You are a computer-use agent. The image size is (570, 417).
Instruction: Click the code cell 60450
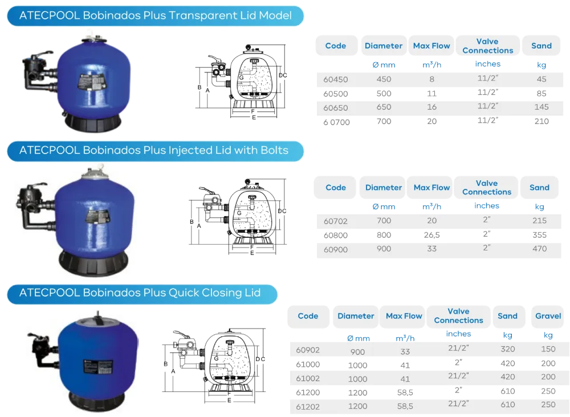pos(335,79)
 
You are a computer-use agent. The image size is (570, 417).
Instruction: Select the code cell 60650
pos(335,107)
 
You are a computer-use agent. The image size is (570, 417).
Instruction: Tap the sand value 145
pos(541,107)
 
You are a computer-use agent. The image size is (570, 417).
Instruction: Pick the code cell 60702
pos(335,220)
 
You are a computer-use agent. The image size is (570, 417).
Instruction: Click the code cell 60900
pos(335,249)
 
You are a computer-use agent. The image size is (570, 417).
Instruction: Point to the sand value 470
pos(539,249)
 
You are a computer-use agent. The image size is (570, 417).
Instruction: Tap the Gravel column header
pos(548,315)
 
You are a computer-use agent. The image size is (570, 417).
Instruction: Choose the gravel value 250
pos(548,404)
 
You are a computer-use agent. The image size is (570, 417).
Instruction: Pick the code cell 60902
pos(308,350)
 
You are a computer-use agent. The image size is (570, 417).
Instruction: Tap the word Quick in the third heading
pos(183,293)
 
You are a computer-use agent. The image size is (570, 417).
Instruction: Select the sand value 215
pos(539,220)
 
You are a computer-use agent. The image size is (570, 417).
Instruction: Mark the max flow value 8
pos(432,79)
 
